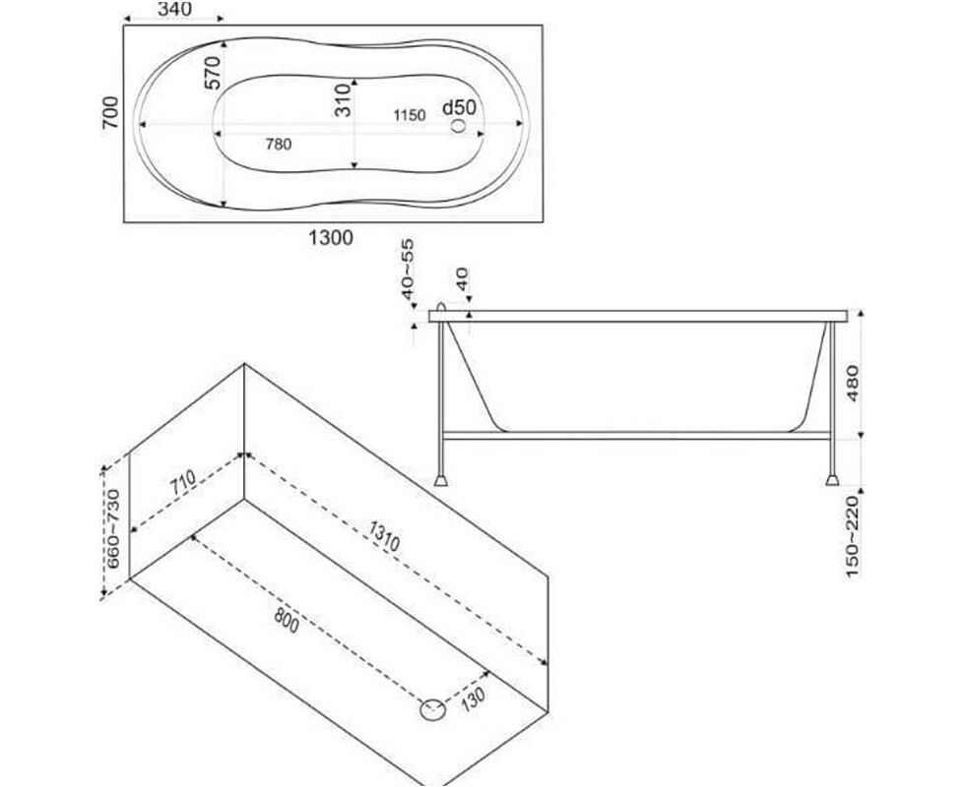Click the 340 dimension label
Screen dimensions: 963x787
point(174,9)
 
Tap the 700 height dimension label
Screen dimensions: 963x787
point(110,112)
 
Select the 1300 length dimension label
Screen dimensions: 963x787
point(331,237)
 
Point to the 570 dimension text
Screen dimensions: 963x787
point(212,73)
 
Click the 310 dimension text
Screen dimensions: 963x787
point(343,100)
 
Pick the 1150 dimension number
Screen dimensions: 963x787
point(410,115)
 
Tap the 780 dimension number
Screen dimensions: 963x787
point(279,145)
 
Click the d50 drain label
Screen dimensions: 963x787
point(460,107)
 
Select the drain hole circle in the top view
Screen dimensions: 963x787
point(458,126)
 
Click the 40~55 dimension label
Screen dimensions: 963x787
point(408,270)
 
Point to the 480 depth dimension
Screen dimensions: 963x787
point(853,384)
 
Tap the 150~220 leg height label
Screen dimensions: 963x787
point(852,537)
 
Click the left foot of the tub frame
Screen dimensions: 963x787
point(440,480)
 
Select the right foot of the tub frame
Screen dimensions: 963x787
point(832,480)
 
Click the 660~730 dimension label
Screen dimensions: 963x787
point(113,528)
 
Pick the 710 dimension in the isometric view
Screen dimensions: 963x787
point(183,482)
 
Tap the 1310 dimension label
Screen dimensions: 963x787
point(384,535)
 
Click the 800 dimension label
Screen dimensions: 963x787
point(287,620)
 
